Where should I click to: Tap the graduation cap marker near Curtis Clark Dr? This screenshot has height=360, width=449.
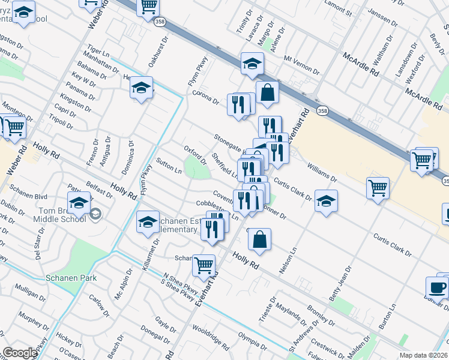pyautogui.click(x=326, y=200)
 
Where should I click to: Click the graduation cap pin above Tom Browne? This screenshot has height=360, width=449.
pyautogui.click(x=79, y=203)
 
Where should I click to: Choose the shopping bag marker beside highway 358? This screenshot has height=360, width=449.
pyautogui.click(x=267, y=92)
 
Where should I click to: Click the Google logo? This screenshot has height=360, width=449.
pyautogui.click(x=20, y=353)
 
